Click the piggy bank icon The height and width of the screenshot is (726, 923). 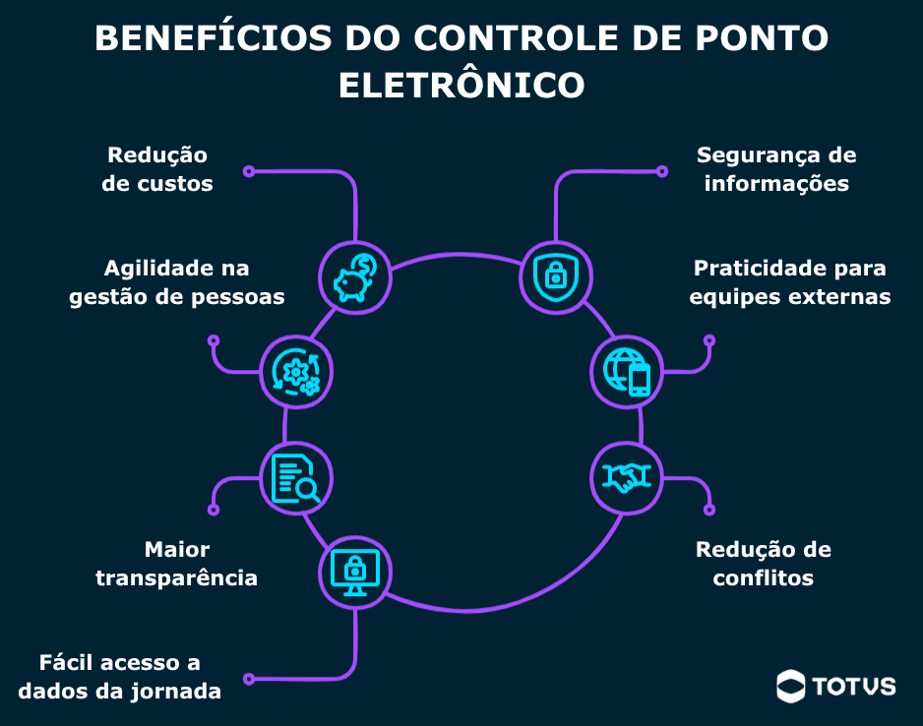point(356,276)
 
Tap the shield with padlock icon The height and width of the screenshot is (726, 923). point(555,276)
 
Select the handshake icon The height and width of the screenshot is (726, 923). point(627,479)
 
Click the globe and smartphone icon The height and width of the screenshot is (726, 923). point(627,371)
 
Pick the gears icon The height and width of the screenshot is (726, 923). point(297,371)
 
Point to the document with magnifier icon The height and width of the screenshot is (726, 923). point(296,479)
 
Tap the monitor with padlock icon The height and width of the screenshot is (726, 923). point(355,571)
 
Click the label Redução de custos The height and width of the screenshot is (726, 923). point(157,169)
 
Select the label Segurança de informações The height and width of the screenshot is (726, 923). point(776,169)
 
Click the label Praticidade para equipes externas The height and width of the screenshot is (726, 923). point(789,282)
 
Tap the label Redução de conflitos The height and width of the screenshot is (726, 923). point(764,564)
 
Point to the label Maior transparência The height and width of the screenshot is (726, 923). point(177,564)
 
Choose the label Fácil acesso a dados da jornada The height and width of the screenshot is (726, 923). point(119,676)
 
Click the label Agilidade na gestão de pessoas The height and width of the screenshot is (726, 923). point(177,282)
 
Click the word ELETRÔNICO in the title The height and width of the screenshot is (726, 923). point(461,85)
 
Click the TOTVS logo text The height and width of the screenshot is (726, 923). point(854,686)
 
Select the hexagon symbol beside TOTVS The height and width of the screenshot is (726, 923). point(791,686)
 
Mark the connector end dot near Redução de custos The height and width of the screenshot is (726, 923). point(249,171)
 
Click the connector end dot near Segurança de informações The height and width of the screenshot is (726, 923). point(661,171)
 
